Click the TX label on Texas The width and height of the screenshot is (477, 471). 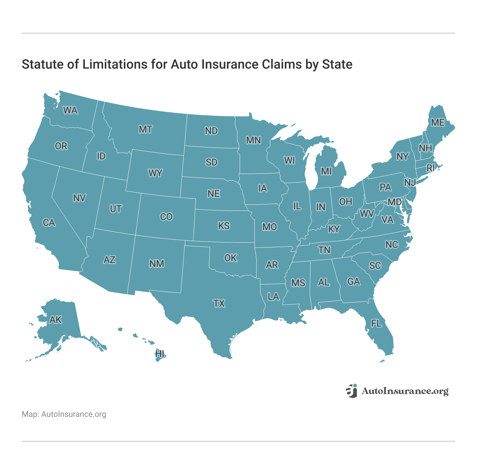pyautogui.click(x=219, y=303)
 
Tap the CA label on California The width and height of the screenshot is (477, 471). pyautogui.click(x=49, y=222)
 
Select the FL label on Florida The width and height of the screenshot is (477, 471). pyautogui.click(x=376, y=323)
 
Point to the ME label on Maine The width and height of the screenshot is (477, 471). pyautogui.click(x=438, y=123)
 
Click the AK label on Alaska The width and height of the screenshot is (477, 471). pyautogui.click(x=56, y=320)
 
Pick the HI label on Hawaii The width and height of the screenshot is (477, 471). pyautogui.click(x=159, y=354)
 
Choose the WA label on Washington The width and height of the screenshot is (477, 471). pyautogui.click(x=70, y=110)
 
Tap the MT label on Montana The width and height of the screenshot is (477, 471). pyautogui.click(x=145, y=129)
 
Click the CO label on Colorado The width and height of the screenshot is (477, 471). pyautogui.click(x=166, y=217)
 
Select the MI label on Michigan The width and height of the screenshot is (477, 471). pyautogui.click(x=326, y=171)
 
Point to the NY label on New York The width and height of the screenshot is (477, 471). pyautogui.click(x=402, y=156)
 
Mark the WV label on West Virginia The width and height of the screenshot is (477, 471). pyautogui.click(x=367, y=213)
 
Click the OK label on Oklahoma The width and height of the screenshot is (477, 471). pyautogui.click(x=231, y=258)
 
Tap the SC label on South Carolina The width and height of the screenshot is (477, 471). pyautogui.click(x=375, y=265)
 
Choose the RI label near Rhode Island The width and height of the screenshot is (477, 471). pyautogui.click(x=430, y=168)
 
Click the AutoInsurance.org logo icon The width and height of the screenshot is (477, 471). pyautogui.click(x=351, y=391)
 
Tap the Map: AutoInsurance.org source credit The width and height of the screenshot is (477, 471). pyautogui.click(x=64, y=414)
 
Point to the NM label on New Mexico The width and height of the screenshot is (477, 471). pyautogui.click(x=156, y=264)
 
